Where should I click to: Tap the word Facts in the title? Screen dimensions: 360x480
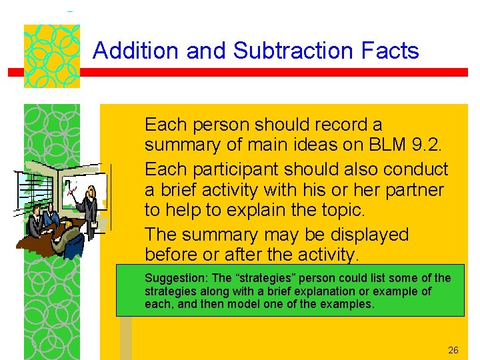(x=393, y=51)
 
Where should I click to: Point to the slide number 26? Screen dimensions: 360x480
(x=453, y=350)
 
